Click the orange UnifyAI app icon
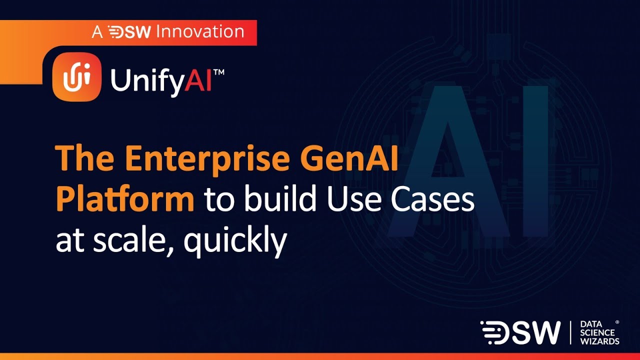click(x=76, y=77)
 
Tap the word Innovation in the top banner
click(x=200, y=32)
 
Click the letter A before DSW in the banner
click(x=96, y=32)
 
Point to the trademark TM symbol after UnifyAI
click(x=218, y=72)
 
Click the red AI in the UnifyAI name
click(x=198, y=80)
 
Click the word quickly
click(x=235, y=241)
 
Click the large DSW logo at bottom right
click(x=520, y=332)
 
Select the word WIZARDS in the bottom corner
click(x=599, y=341)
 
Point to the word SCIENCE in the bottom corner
click(x=597, y=332)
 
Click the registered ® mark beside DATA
click(x=617, y=322)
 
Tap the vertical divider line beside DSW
click(x=570, y=332)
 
